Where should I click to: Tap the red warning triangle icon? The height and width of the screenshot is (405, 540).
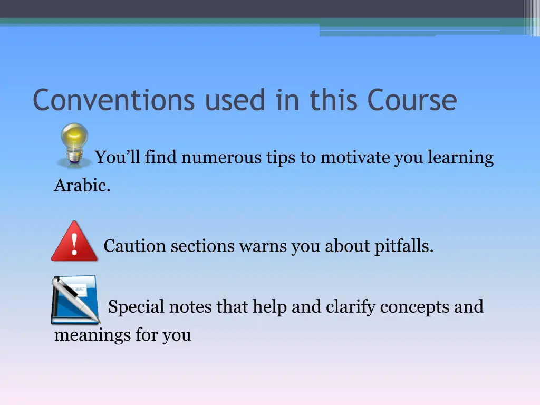coord(74,242)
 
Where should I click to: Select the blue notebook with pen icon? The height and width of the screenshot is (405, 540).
coord(75,299)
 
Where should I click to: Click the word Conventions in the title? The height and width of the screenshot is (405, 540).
coord(113,100)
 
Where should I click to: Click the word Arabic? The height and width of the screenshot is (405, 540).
coord(82,186)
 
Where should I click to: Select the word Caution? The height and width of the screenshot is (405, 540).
coord(134,246)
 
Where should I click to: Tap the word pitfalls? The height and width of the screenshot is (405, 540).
coord(404,246)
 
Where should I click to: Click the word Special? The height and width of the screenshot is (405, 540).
coord(136,307)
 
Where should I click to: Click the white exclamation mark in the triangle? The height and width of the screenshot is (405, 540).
coord(74,244)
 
